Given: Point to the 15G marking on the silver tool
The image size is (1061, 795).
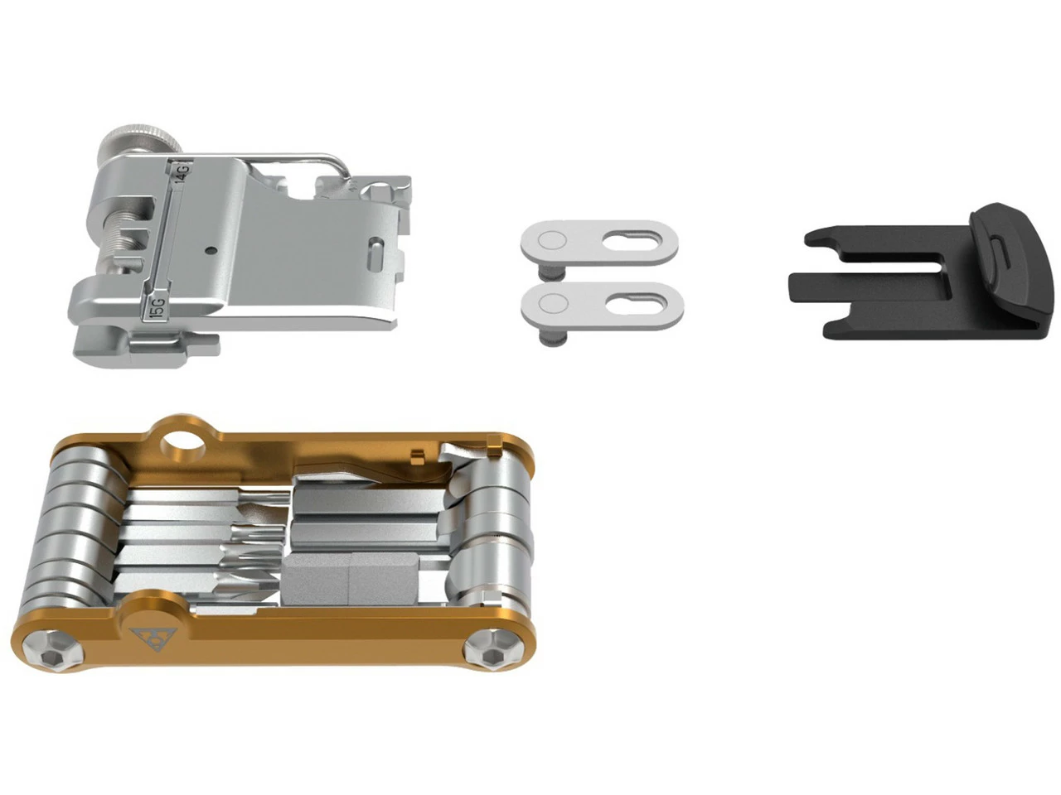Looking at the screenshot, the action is click(x=157, y=306).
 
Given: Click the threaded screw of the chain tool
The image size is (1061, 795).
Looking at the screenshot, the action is click(x=121, y=238).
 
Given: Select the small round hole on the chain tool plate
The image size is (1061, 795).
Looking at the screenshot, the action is click(x=210, y=250).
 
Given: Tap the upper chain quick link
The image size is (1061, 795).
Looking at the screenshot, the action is click(x=599, y=243).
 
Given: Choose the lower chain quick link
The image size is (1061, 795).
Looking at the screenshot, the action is click(x=603, y=306).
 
